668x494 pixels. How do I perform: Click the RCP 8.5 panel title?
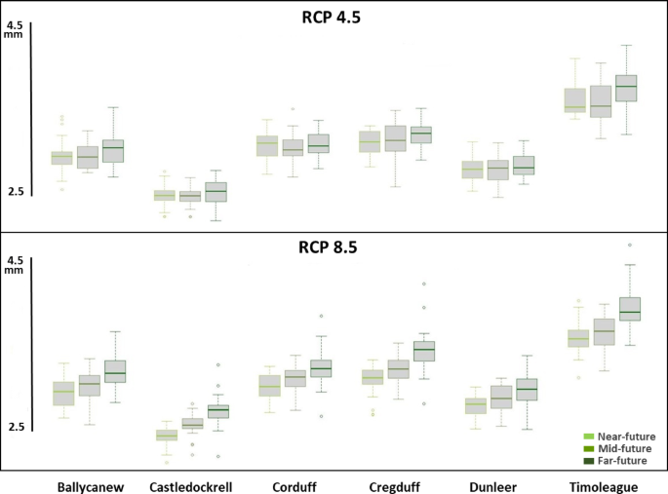[x=328, y=247]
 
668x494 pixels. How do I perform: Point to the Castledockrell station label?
[x=192, y=486]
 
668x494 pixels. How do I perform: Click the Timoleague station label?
[x=603, y=486]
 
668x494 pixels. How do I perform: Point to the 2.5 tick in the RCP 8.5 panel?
[x=15, y=427]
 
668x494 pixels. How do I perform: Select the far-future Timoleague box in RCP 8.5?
[x=629, y=309]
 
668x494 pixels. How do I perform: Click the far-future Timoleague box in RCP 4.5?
[x=626, y=88]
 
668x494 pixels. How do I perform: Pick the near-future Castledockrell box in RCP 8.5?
[x=167, y=436]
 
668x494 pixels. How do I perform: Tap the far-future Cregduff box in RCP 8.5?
[x=424, y=351]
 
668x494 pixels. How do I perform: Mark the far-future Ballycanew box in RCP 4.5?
[x=114, y=150]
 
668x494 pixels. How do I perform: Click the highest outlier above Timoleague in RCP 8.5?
[x=629, y=246]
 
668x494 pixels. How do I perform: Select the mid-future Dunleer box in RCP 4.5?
[x=497, y=170]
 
